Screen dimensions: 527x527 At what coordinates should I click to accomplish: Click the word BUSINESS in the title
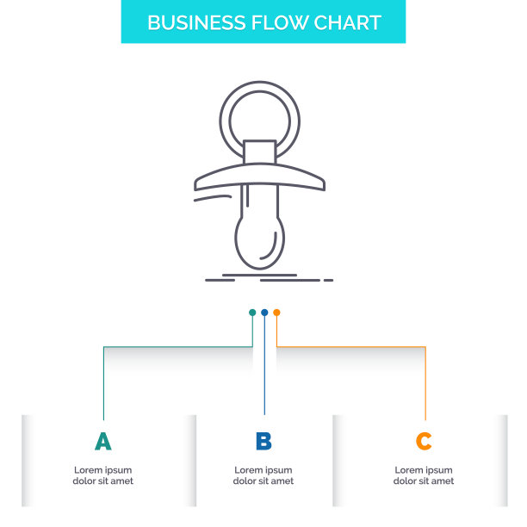click(196, 23)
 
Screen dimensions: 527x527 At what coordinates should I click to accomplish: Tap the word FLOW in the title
click(280, 23)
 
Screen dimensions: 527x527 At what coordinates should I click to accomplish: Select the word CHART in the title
click(348, 23)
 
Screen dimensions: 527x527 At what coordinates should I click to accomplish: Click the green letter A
click(102, 441)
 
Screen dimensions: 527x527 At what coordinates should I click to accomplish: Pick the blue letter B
click(263, 441)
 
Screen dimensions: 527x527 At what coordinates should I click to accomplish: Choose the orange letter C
click(424, 441)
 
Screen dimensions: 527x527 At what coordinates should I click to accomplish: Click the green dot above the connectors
click(252, 313)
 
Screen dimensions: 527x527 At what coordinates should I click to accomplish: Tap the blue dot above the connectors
click(264, 313)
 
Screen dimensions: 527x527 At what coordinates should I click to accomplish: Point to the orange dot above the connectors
click(276, 313)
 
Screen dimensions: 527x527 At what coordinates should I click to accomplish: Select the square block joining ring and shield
click(259, 152)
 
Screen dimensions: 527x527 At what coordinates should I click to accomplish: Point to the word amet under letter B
click(282, 481)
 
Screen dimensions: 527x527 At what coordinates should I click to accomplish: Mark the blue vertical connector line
click(264, 365)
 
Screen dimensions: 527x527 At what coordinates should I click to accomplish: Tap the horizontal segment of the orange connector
click(350, 346)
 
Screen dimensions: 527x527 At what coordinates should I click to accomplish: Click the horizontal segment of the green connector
click(178, 346)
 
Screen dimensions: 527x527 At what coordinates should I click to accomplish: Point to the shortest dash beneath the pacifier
click(328, 280)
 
